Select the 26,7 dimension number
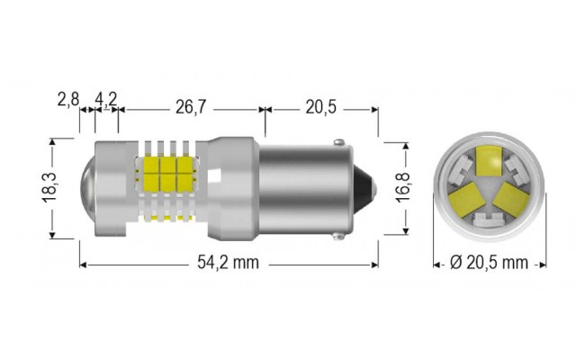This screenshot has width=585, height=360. [190, 107]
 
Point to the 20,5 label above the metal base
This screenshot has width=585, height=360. [320, 107]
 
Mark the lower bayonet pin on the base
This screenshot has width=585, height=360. [337, 236]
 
